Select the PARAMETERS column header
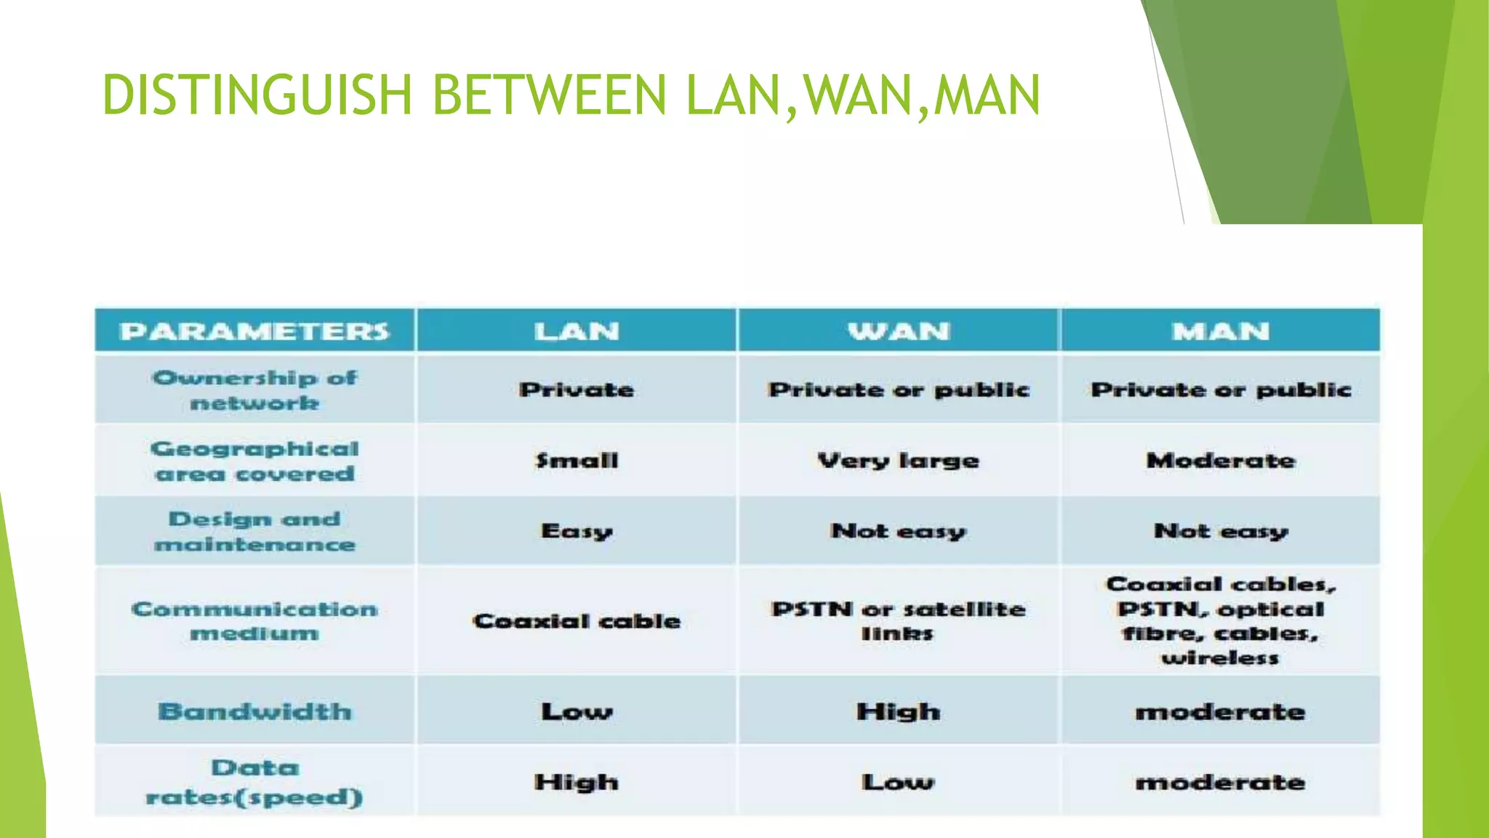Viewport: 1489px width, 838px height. click(x=254, y=332)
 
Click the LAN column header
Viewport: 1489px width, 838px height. click(x=577, y=332)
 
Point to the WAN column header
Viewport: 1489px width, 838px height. click(x=899, y=332)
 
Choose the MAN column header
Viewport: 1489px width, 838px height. click(x=1221, y=332)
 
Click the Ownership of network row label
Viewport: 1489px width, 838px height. click(x=254, y=390)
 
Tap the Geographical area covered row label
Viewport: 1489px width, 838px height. click(x=254, y=461)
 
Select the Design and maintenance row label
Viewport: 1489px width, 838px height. click(x=254, y=532)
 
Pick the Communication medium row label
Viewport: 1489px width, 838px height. click(x=254, y=620)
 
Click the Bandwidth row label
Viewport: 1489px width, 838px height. click(x=254, y=711)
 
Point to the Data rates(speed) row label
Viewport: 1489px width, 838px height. click(x=254, y=782)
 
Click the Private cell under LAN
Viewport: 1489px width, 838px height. click(x=577, y=390)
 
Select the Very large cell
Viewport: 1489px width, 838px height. click(x=899, y=461)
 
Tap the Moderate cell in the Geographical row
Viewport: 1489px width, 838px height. click(x=1221, y=461)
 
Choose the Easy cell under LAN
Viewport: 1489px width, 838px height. click(x=577, y=532)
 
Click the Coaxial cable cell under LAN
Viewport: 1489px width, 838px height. click(x=577, y=621)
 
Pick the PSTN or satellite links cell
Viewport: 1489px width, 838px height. click(x=899, y=620)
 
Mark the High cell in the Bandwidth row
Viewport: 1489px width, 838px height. click(x=899, y=711)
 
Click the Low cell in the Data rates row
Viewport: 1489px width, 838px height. click(x=899, y=783)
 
